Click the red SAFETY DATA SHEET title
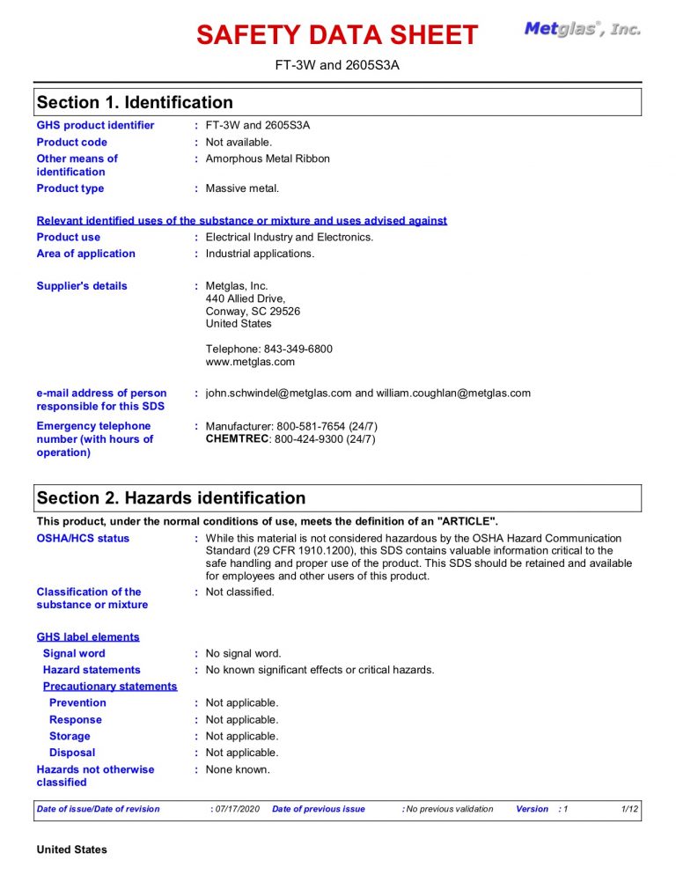click(x=337, y=35)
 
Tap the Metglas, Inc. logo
click(x=582, y=29)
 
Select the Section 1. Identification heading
click(x=135, y=103)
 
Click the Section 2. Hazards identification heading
click(x=171, y=498)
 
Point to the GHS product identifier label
click(x=95, y=125)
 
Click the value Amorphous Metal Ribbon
click(x=268, y=159)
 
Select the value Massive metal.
click(x=242, y=188)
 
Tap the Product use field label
click(x=69, y=237)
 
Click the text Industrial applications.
click(x=260, y=254)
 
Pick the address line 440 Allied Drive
click(x=246, y=298)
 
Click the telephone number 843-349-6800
click(x=298, y=349)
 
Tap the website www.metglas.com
click(x=250, y=362)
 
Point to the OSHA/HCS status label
click(x=83, y=539)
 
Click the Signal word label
click(x=74, y=653)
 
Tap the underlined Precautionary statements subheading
click(x=110, y=687)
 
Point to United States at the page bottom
click(x=71, y=849)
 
